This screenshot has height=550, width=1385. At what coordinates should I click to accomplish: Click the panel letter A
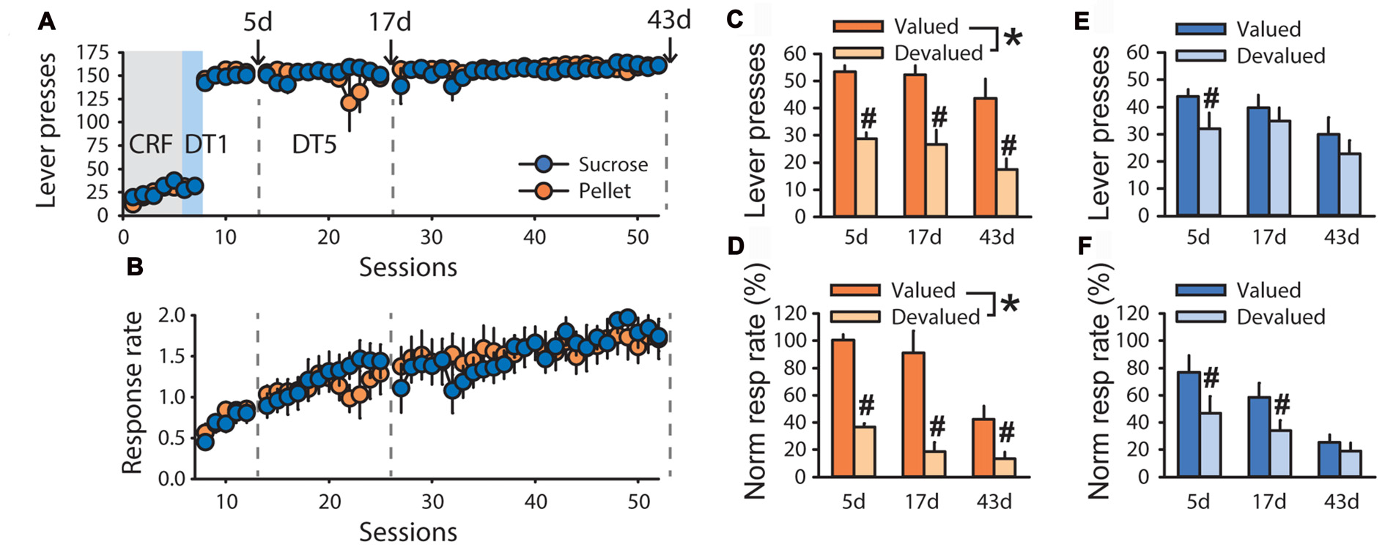(x=47, y=22)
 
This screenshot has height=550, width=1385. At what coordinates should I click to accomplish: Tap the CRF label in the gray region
(x=150, y=144)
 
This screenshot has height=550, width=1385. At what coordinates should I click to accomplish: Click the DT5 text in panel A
(x=314, y=144)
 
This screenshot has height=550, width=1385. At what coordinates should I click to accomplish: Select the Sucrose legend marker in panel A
(x=543, y=164)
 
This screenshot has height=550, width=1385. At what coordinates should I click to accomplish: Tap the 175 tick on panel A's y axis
(x=92, y=53)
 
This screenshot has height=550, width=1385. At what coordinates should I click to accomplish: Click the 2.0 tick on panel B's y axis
(x=172, y=316)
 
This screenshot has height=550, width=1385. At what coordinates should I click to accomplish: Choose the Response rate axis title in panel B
(x=132, y=393)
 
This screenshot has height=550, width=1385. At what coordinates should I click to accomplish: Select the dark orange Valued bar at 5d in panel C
(x=844, y=144)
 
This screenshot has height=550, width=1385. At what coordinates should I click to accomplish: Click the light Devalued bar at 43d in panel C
(x=1007, y=193)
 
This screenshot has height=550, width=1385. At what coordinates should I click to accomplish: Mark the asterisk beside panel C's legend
(x=1012, y=38)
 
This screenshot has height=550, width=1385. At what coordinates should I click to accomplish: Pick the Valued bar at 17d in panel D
(x=913, y=415)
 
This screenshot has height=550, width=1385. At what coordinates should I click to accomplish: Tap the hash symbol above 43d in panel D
(x=1006, y=432)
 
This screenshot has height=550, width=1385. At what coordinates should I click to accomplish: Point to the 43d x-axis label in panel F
(x=1340, y=502)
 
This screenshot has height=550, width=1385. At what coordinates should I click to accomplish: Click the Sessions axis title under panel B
(x=407, y=532)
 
